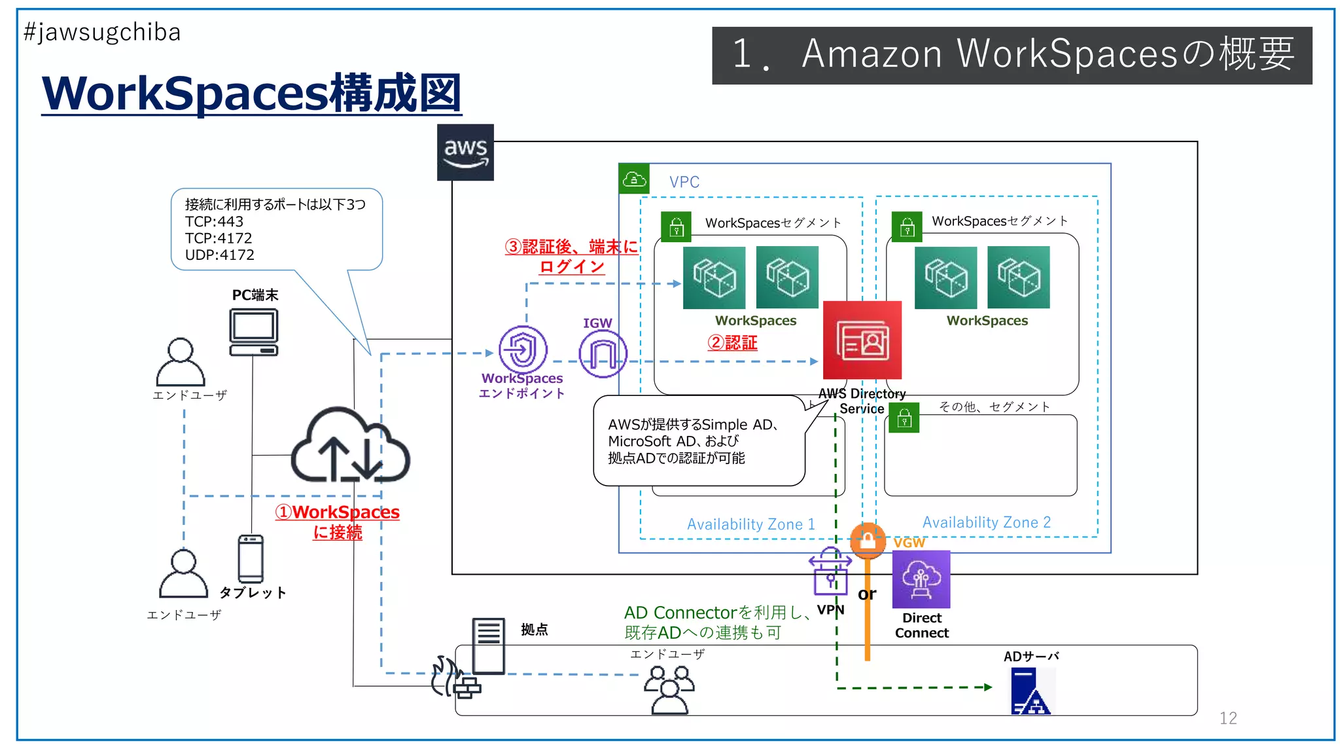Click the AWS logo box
465,152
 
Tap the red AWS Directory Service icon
862,340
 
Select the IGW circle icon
603,353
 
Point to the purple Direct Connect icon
921,579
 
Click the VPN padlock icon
830,572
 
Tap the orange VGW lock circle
868,541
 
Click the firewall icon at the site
455,678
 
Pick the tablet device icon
251,558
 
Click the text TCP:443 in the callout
214,222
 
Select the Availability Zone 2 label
986,522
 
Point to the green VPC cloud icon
634,179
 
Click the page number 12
1227,718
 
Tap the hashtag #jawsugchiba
102,32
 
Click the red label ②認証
732,342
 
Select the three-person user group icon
669,689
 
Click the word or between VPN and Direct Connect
866,594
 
